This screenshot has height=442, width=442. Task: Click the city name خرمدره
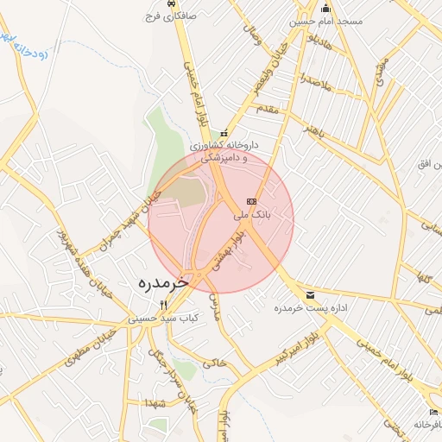point(162,283)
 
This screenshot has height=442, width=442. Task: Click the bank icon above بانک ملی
point(251,201)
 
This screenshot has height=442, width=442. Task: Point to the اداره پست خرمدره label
point(310,308)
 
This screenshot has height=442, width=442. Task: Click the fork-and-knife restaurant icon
point(164,304)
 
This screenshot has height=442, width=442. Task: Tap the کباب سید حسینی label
point(164,318)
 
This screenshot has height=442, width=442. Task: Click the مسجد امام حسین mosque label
point(326,21)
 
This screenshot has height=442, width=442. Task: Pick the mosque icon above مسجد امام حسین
point(326,8)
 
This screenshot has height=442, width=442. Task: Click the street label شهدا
point(156,403)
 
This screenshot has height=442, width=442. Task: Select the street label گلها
point(423,277)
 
